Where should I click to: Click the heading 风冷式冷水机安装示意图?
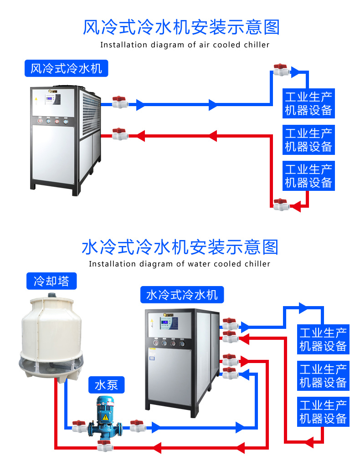coord(181,27)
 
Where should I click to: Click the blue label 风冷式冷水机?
coord(66,69)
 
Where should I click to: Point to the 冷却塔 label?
coord(51,281)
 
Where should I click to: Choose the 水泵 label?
coord(106,385)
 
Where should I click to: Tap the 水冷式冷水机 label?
coord(182,295)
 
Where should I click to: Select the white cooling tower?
coord(51,337)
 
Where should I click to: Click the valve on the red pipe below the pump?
coord(105,445)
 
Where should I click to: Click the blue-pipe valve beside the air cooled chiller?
coord(119,102)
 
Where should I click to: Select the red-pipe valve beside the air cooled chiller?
coord(119,134)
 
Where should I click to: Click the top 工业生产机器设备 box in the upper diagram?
coord(309,103)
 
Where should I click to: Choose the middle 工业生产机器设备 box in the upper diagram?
coord(309,140)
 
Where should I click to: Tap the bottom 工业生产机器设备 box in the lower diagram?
coord(323,411)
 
